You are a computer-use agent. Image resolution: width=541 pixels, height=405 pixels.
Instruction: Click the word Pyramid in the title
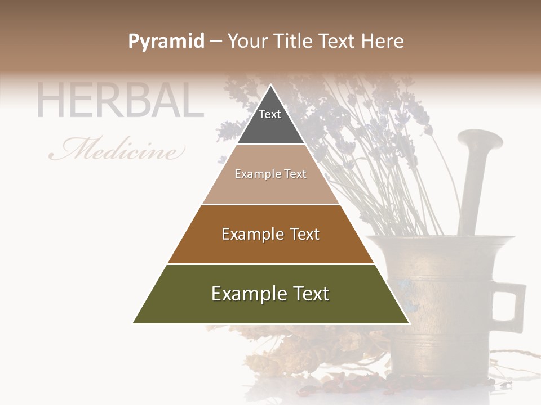tap(166, 42)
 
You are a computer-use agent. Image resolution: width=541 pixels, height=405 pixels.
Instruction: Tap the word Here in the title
tap(383, 42)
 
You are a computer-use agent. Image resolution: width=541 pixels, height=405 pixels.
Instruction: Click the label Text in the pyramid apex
tap(270, 114)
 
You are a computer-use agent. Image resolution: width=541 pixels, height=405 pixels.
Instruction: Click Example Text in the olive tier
tap(270, 294)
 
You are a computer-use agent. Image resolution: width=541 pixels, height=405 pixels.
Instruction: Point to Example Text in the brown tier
tap(270, 234)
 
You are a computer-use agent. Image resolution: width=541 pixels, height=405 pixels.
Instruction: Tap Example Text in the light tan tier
tap(270, 174)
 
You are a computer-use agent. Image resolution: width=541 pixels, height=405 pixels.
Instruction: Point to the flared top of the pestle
tap(480, 139)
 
